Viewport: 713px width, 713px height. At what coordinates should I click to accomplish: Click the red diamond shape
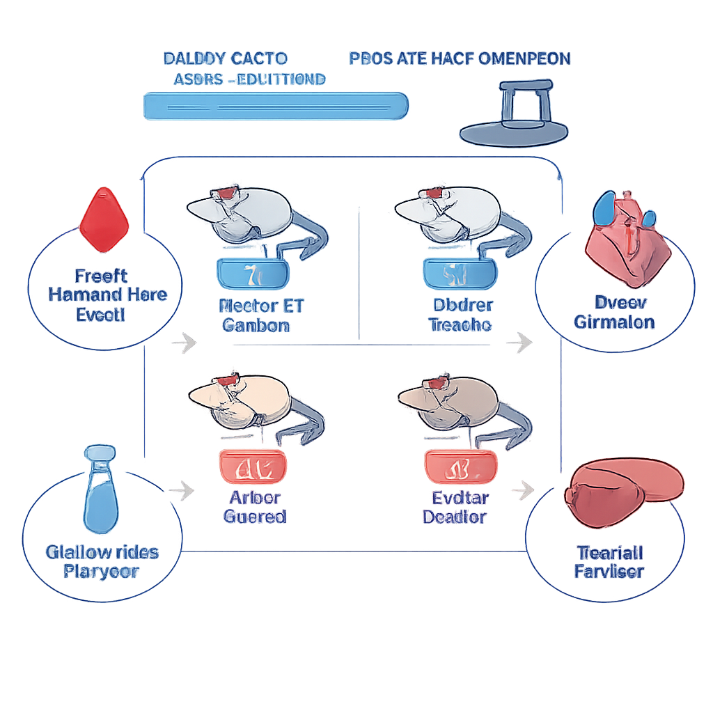[104, 219]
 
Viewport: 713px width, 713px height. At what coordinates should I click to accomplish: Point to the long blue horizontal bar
[275, 107]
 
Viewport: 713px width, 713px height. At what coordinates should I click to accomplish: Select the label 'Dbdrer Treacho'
[460, 315]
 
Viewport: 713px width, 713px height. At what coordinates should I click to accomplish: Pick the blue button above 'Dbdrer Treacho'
[459, 274]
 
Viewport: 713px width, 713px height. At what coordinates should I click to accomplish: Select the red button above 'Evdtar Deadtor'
[460, 467]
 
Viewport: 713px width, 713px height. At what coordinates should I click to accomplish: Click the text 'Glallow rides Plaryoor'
[102, 562]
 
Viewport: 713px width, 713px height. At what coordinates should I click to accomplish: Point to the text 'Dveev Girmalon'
[614, 312]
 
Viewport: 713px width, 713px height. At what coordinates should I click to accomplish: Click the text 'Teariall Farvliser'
[609, 562]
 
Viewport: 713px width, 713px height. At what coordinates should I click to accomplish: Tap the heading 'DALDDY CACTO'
[225, 58]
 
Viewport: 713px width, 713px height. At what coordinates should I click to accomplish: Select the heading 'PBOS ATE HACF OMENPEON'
[460, 58]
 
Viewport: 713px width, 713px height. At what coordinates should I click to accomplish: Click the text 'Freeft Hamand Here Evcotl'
[107, 295]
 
